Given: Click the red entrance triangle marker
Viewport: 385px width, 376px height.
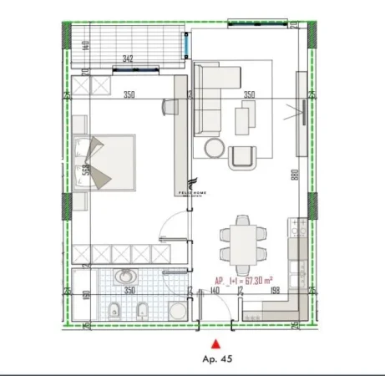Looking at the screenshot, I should pos(217,343).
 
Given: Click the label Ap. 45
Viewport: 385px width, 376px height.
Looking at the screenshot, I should pos(217,359).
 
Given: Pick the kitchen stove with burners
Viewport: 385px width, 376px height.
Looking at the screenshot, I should pos(296,227).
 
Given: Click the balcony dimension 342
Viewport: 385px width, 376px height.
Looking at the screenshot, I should pos(127,59).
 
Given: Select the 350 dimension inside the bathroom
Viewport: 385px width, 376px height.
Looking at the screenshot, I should pos(129,290).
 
